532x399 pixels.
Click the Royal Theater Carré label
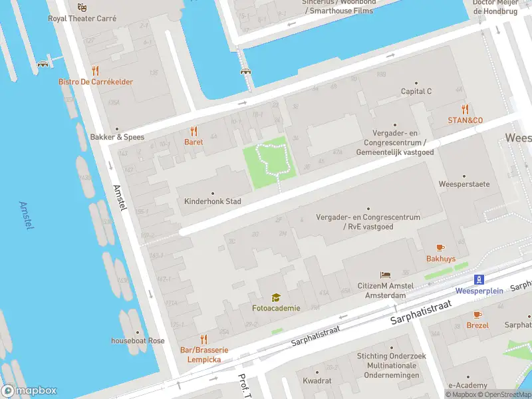[82, 19]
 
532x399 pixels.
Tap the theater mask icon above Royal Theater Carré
[82, 7]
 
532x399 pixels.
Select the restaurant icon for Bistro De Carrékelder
[96, 70]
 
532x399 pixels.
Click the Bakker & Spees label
[117, 137]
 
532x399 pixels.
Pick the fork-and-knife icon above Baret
[194, 131]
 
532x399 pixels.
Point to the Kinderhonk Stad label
[213, 201]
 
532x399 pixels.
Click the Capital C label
[416, 91]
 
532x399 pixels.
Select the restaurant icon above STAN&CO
[465, 109]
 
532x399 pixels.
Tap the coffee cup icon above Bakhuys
[440, 247]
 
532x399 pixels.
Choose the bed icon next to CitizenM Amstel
[385, 275]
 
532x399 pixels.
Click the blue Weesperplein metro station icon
[478, 280]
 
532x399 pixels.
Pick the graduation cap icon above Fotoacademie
[275, 297]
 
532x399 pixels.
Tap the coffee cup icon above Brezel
[477, 315]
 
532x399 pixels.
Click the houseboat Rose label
[138, 340]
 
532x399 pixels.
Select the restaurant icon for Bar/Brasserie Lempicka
[203, 339]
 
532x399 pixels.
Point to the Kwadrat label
[317, 381]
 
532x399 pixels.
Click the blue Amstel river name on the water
[27, 215]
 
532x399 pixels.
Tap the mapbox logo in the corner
[29, 391]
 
